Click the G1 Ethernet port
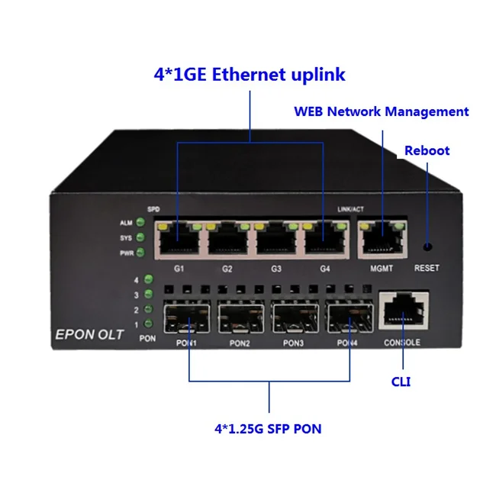point(178,240)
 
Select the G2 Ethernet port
point(227,240)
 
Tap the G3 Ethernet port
point(277,240)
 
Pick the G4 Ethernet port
point(326,240)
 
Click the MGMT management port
point(382,240)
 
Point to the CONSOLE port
point(402,312)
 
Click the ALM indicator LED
point(140,224)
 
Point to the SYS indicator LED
point(140,238)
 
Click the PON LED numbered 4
point(147,280)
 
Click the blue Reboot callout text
point(427,150)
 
